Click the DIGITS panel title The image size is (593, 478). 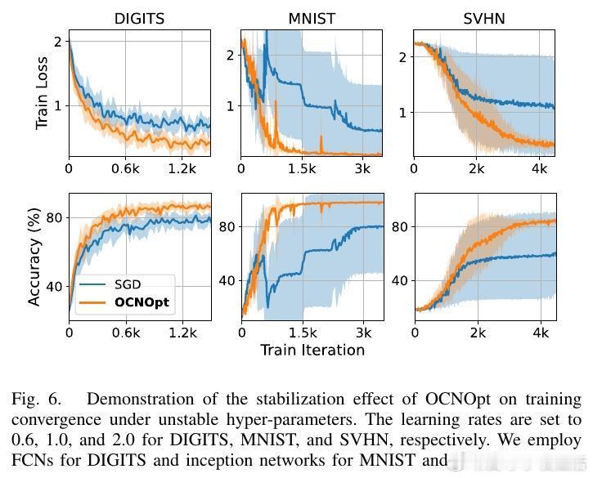coord(138,19)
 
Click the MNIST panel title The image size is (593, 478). coord(312,19)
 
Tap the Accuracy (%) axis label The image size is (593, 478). coord(34,257)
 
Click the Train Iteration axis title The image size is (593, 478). coord(312,350)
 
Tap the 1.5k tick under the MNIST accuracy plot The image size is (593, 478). coord(303,333)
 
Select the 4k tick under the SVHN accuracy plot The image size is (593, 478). coord(541,333)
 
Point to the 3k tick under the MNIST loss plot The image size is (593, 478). coord(364,168)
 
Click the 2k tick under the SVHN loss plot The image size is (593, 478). coord(478,168)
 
